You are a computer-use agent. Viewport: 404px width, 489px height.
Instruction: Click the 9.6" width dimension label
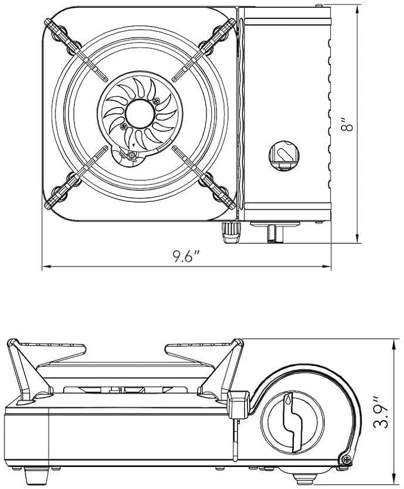tap(186, 256)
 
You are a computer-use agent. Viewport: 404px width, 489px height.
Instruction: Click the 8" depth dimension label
tap(347, 124)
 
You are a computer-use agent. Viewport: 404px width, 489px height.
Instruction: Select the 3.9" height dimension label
tap(381, 412)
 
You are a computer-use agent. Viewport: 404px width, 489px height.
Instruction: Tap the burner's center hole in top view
tap(140, 114)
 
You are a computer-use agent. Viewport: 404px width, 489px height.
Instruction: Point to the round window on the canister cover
tap(284, 155)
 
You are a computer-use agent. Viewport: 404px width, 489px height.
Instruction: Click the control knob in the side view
tap(292, 422)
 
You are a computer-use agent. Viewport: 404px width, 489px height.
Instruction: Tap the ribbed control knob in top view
tap(231, 232)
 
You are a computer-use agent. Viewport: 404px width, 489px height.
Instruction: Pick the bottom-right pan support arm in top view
tap(203, 177)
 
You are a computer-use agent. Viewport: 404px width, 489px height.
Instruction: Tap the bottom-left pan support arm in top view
tap(77, 177)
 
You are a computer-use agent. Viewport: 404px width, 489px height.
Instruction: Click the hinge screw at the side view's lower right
tap(346, 459)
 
